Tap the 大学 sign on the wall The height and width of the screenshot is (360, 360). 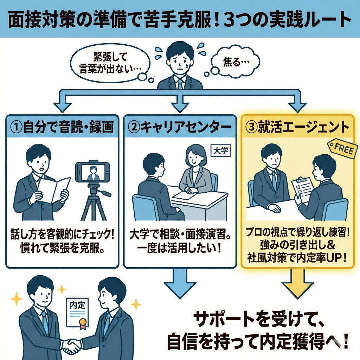click(220, 151)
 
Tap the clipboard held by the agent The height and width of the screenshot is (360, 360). click(301, 189)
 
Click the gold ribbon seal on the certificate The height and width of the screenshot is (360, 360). click(83, 323)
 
